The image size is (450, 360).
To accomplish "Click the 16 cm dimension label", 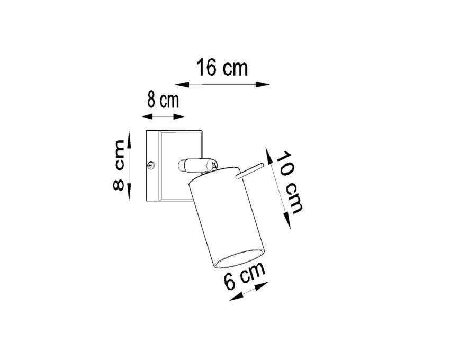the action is click(x=222, y=68).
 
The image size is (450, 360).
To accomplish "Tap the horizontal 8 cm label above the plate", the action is click(x=163, y=101).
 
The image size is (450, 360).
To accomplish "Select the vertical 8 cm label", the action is click(x=119, y=165).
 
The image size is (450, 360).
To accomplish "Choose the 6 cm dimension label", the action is click(x=245, y=276).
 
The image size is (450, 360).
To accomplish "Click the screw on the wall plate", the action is click(x=151, y=165).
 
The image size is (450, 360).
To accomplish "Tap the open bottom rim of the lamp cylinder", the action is click(x=239, y=259).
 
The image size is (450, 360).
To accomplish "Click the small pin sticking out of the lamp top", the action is click(x=249, y=171).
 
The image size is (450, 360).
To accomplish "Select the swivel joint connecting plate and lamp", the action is click(x=197, y=166).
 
